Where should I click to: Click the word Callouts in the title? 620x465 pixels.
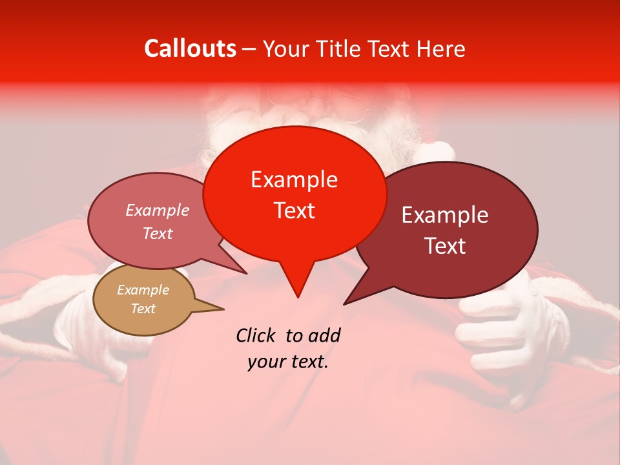click(190, 48)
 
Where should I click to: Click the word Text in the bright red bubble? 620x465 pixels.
click(294, 211)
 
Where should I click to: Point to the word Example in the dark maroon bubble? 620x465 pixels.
click(445, 215)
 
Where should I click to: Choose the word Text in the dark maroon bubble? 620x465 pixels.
click(445, 246)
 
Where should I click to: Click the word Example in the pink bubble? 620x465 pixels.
click(157, 211)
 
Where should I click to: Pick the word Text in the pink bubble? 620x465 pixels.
click(157, 234)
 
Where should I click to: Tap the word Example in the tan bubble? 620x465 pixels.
click(143, 290)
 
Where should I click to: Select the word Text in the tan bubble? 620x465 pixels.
click(143, 309)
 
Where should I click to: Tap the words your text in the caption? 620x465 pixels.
click(287, 362)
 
